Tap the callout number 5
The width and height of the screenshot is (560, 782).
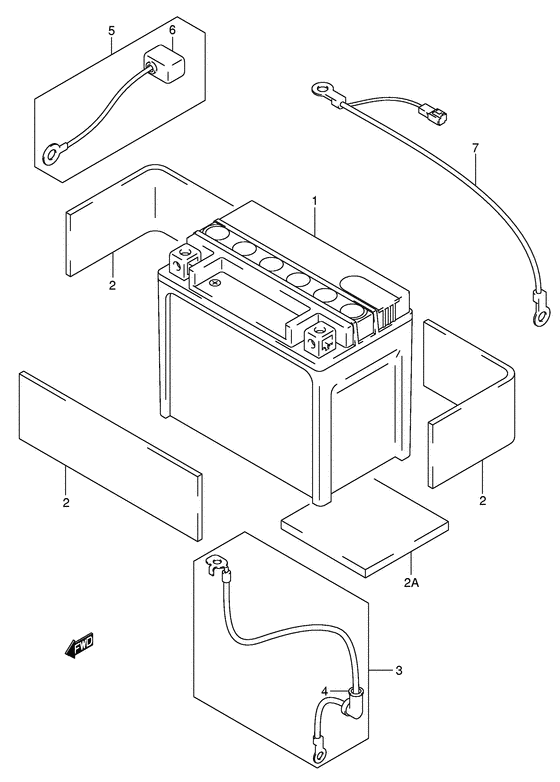[x=111, y=31]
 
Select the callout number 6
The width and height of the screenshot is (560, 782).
[x=172, y=31]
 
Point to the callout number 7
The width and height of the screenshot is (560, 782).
[x=475, y=150]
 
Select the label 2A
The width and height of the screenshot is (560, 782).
[x=412, y=583]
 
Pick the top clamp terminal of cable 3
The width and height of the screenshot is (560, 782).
[x=212, y=568]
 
